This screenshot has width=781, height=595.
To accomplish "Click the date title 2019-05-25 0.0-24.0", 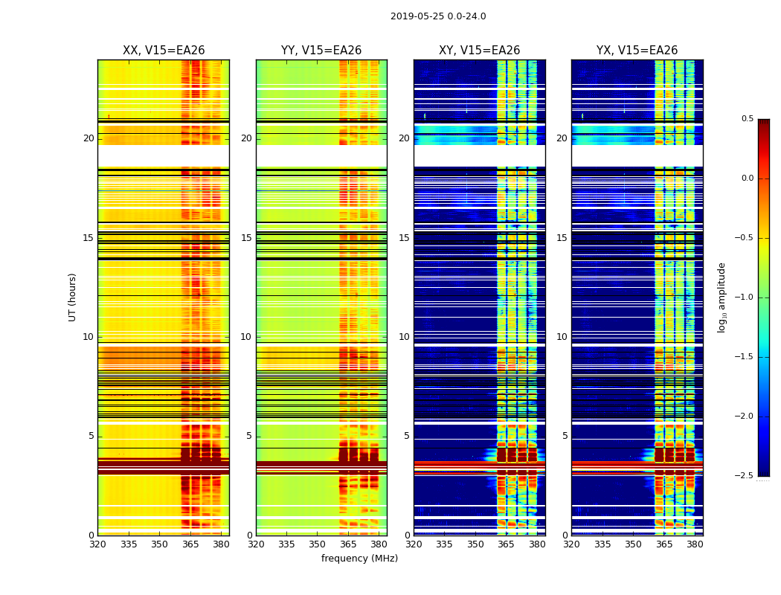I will (438, 16).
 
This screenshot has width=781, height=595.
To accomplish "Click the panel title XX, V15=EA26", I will (164, 51).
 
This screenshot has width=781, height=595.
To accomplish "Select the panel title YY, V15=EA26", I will (321, 51).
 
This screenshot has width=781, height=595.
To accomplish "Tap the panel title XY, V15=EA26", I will (479, 51).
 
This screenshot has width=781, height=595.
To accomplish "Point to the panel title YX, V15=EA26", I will (637, 51).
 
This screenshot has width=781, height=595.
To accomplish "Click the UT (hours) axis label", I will (73, 297).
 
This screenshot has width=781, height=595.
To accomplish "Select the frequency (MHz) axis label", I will (359, 559).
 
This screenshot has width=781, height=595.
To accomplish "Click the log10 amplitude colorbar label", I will (721, 297).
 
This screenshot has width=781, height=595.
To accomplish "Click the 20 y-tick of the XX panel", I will (89, 138).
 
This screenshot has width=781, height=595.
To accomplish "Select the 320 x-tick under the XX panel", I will (97, 544).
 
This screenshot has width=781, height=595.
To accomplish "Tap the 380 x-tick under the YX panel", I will (695, 544).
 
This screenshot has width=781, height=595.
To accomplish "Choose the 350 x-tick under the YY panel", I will (318, 544).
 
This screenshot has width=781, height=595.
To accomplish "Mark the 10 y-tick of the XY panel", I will (404, 337).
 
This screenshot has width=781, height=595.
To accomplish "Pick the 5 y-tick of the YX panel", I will (565, 436).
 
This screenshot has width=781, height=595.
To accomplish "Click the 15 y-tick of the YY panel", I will (246, 238).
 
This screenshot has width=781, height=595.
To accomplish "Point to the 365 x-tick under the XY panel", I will (506, 544).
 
